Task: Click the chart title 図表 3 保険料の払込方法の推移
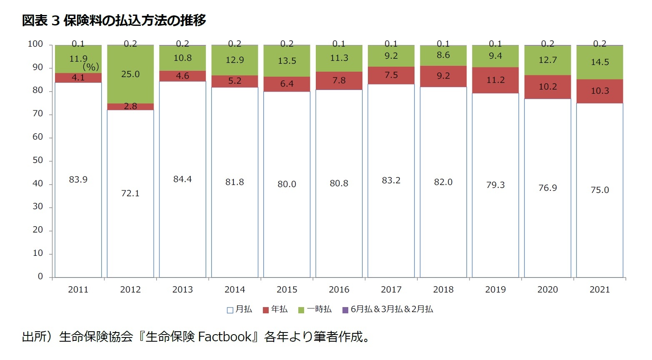114,20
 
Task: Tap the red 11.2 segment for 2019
495,80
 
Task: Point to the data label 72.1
130,193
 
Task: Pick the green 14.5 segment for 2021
600,62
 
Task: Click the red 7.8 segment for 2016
339,80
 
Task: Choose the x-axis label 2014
235,290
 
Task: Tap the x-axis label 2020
547,290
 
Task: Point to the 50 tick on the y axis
37,160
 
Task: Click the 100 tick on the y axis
35,44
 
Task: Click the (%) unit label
91,67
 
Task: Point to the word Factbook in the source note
225,337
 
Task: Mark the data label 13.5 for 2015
287,61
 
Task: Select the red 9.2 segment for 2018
443,76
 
